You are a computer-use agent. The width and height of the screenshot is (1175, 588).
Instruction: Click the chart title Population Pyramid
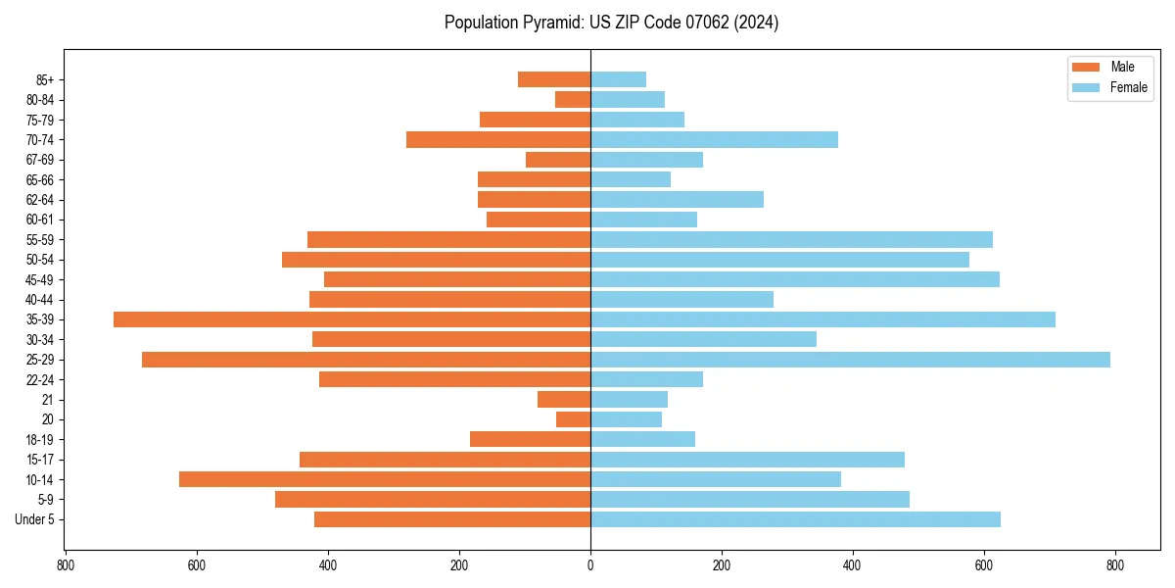pyautogui.click(x=611, y=23)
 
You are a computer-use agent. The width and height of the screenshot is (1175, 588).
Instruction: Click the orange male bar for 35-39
pyautogui.click(x=352, y=319)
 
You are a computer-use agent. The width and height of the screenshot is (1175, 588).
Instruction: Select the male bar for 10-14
pyautogui.click(x=385, y=479)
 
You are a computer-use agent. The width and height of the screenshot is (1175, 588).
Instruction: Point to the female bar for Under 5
pyautogui.click(x=795, y=519)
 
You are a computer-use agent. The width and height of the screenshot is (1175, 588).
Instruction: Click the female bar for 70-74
pyautogui.click(x=714, y=140)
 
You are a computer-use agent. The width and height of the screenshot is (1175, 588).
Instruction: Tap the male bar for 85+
pyautogui.click(x=554, y=79)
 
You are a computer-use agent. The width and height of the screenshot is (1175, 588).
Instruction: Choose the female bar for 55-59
pyautogui.click(x=791, y=240)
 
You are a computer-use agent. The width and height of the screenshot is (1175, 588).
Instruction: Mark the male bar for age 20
pyautogui.click(x=573, y=419)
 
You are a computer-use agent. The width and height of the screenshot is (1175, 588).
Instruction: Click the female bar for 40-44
pyautogui.click(x=681, y=300)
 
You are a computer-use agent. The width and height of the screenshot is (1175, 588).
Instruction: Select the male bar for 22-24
pyautogui.click(x=454, y=379)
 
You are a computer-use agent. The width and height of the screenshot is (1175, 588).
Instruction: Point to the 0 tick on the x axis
pyautogui.click(x=590, y=565)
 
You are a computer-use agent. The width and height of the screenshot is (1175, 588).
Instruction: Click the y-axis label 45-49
pyautogui.click(x=40, y=279)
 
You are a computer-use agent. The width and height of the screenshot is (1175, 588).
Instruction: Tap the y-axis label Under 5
pyautogui.click(x=35, y=519)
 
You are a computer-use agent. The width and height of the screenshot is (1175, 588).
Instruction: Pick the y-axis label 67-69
pyautogui.click(x=40, y=160)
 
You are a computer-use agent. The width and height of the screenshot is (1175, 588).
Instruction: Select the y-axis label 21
pyautogui.click(x=47, y=400)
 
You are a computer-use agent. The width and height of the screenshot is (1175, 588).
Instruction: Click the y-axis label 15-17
pyautogui.click(x=40, y=460)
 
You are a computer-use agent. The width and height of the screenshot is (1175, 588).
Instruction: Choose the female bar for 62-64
pyautogui.click(x=677, y=200)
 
